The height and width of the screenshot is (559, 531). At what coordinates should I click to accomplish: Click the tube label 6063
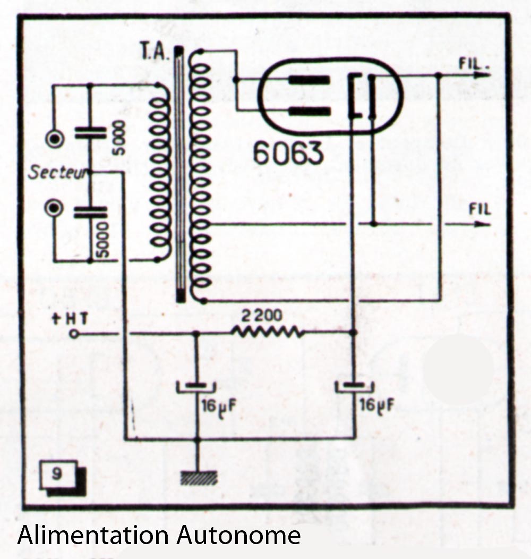287,153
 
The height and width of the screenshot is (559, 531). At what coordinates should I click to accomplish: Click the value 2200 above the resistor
261,316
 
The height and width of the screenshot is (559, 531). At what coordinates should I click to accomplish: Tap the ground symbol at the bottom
197,477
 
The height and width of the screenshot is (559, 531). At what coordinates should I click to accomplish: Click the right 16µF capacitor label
376,406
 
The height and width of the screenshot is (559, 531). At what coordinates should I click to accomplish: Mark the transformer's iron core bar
181,175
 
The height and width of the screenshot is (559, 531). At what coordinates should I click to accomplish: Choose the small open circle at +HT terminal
74,334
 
